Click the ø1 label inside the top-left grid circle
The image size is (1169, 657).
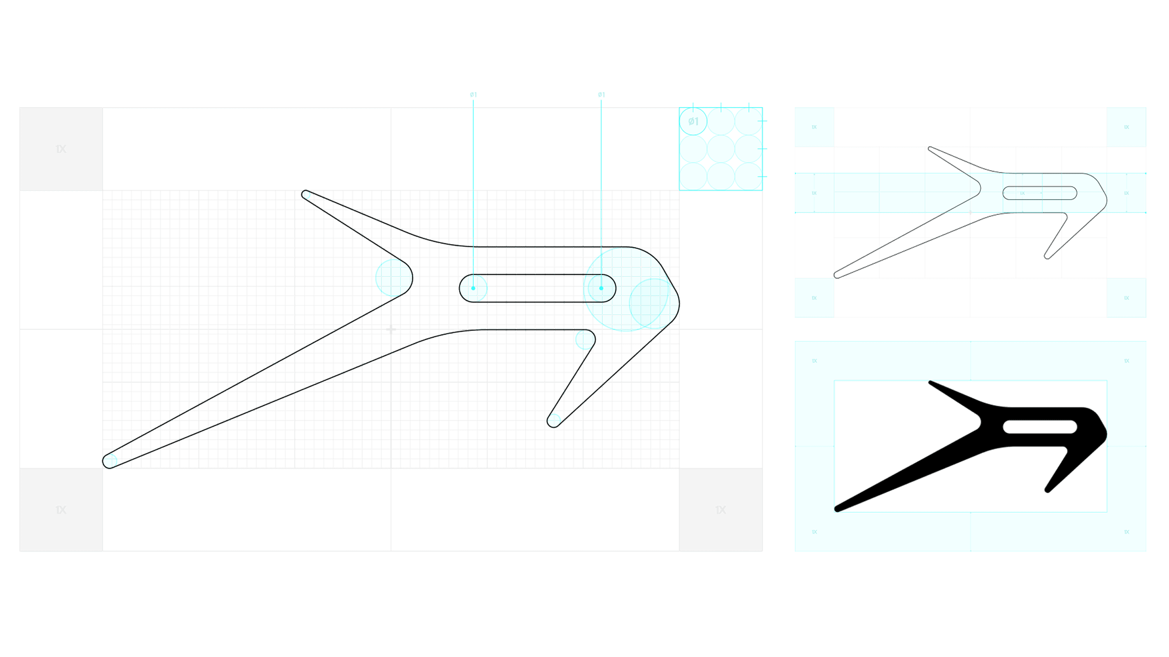(x=693, y=121)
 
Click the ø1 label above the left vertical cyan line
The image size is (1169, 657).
(x=473, y=95)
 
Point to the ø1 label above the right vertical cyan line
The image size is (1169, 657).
(x=601, y=95)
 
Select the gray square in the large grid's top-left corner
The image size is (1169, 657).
(x=61, y=149)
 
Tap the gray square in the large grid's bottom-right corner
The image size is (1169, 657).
(x=720, y=509)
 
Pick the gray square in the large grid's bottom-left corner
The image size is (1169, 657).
(x=61, y=509)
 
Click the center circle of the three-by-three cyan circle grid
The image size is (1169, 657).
(x=720, y=149)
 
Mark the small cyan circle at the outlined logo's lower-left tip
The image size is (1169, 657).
(x=110, y=461)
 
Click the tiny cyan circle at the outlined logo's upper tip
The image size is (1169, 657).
(x=307, y=195)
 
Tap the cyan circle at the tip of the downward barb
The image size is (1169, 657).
(x=554, y=420)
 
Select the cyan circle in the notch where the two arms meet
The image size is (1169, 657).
(x=394, y=277)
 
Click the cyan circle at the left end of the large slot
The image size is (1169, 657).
(x=473, y=288)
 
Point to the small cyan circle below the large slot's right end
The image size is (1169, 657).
(x=584, y=340)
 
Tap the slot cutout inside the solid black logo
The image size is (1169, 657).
(x=1039, y=427)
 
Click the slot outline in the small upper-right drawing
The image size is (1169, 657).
(x=1039, y=193)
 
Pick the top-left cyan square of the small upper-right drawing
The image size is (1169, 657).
(x=814, y=127)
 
